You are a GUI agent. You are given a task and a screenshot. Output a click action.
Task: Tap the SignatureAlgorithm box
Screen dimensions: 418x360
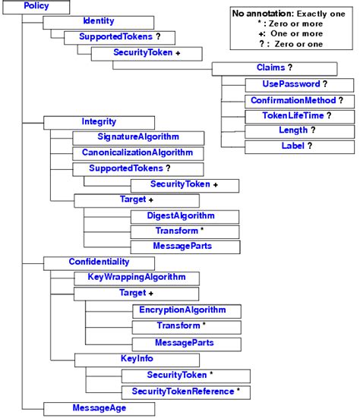[138, 137]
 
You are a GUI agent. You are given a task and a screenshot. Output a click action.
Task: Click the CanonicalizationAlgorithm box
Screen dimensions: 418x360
[138, 152]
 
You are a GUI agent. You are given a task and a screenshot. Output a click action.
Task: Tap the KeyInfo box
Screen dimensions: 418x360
[137, 358]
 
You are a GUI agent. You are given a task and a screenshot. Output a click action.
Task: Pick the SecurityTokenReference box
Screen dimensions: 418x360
[185, 391]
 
